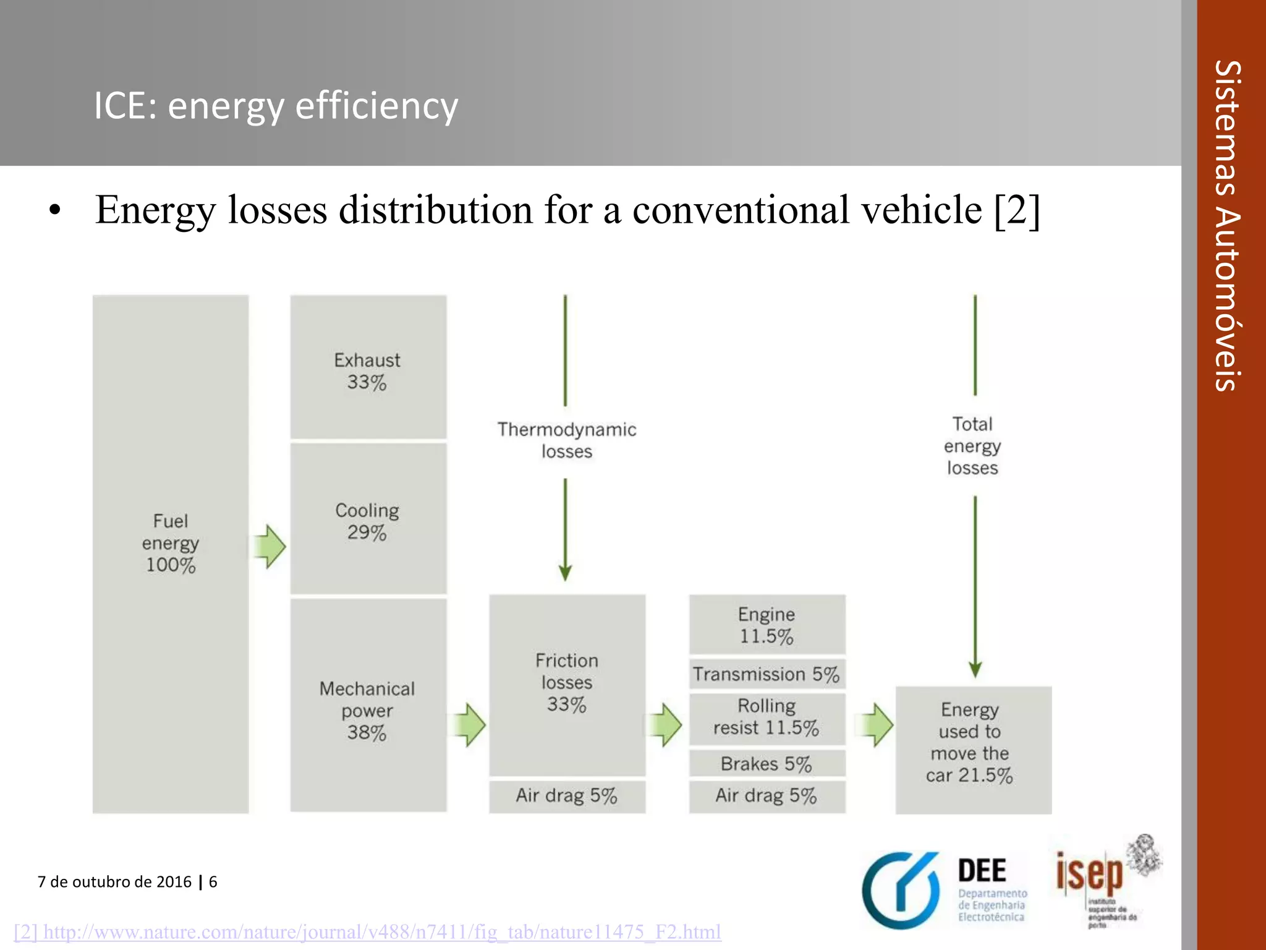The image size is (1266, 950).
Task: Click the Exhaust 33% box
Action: click(x=368, y=367)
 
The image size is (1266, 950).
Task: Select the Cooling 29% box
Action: click(x=368, y=520)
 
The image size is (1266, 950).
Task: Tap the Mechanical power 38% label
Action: click(x=367, y=710)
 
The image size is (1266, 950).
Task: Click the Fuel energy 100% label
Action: click(x=171, y=543)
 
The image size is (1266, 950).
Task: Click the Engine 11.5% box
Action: click(x=767, y=625)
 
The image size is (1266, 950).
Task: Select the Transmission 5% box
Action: click(x=767, y=674)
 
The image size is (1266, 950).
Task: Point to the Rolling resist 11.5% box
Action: click(x=767, y=717)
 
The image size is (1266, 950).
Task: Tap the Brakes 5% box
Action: click(x=767, y=764)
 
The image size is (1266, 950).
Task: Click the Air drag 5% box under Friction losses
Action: click(x=567, y=795)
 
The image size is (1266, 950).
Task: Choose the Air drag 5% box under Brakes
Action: click(x=767, y=795)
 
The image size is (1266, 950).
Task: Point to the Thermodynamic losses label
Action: click(x=567, y=440)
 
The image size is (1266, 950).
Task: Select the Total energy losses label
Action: click(x=972, y=446)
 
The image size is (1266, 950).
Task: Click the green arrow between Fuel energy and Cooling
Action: click(x=270, y=546)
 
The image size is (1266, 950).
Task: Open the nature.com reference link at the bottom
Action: click(x=368, y=931)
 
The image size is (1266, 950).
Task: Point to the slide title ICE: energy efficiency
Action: click(x=276, y=105)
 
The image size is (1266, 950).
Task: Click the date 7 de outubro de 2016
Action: click(x=115, y=881)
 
